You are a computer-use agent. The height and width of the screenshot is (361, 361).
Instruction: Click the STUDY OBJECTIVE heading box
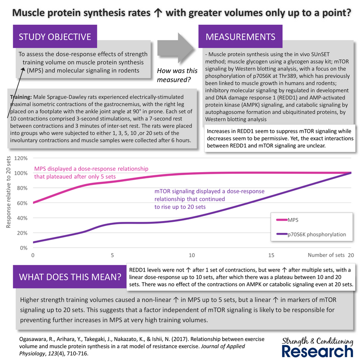pyautogui.click(x=55, y=37)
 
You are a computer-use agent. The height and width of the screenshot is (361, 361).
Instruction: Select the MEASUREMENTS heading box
pyautogui.click(x=240, y=37)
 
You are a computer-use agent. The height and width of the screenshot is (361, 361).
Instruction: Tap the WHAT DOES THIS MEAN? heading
pyautogui.click(x=70, y=277)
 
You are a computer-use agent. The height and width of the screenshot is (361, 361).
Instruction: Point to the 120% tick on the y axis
pyautogui.click(x=21, y=158)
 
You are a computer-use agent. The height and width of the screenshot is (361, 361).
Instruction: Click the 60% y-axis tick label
pyautogui.click(x=22, y=203)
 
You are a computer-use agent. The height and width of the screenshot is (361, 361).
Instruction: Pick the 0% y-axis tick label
pyautogui.click(x=23, y=248)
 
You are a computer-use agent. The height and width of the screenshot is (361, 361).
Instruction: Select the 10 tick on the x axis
pyautogui.click(x=192, y=255)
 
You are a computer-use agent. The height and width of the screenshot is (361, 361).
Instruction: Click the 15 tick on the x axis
pyautogui.click(x=271, y=255)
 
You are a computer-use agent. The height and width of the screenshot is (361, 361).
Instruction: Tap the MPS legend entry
pyautogui.click(x=287, y=220)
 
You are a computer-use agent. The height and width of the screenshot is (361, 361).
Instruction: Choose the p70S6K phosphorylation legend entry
pyautogui.click(x=311, y=234)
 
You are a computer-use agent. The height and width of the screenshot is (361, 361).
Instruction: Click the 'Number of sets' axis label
pyautogui.click(x=326, y=255)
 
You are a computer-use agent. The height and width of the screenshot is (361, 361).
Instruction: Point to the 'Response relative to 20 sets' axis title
pyautogui.click(x=8, y=192)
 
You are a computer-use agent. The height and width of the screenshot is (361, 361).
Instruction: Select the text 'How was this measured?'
pyautogui.click(x=177, y=75)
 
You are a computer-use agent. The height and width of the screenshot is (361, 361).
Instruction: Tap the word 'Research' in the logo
pyautogui.click(x=317, y=351)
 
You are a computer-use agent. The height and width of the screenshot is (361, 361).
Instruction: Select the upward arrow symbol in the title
pyautogui.click(x=158, y=13)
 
